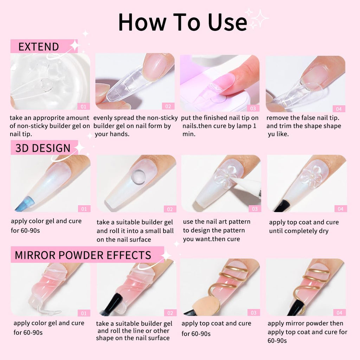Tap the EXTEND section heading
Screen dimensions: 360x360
39,47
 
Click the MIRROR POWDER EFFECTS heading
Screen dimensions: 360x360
83,255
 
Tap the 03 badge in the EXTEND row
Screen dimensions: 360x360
253,108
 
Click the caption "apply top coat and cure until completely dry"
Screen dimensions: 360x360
304,226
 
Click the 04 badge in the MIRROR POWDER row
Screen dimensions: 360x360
339,313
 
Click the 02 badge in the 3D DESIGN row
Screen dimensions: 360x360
169,209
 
